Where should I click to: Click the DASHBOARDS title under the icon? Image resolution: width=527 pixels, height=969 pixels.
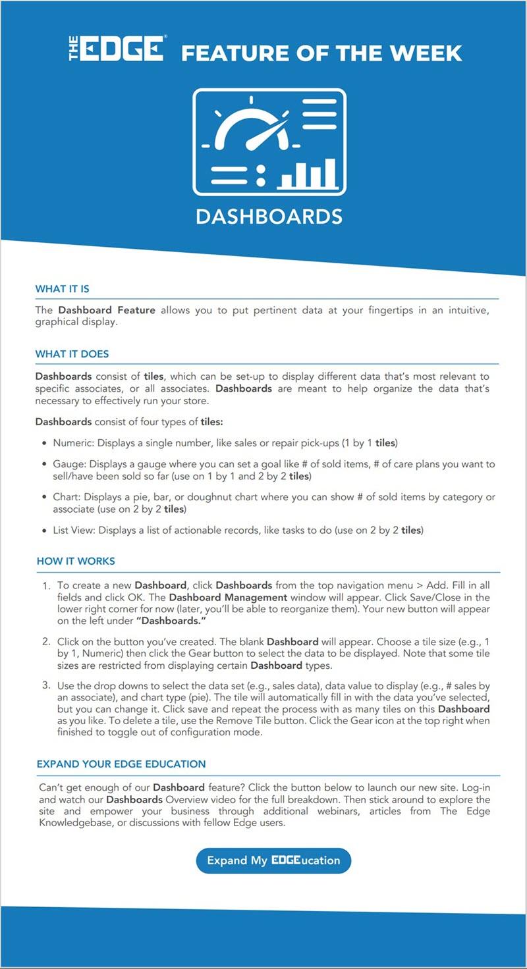pos(269,216)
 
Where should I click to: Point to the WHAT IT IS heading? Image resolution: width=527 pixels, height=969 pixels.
pos(63,289)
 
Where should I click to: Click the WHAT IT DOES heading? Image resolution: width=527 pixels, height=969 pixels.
pos(72,354)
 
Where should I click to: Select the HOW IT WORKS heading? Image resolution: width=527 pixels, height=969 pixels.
pos(76,562)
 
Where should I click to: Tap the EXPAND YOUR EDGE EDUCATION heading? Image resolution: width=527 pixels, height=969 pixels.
pos(121,764)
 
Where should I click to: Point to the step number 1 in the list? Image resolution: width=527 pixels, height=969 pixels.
pos(46,585)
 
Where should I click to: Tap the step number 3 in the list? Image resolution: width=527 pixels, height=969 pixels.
pos(46,685)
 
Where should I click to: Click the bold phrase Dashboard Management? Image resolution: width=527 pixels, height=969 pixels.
pos(228,597)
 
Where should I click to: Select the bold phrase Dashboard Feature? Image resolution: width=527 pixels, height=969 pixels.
pos(107,310)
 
